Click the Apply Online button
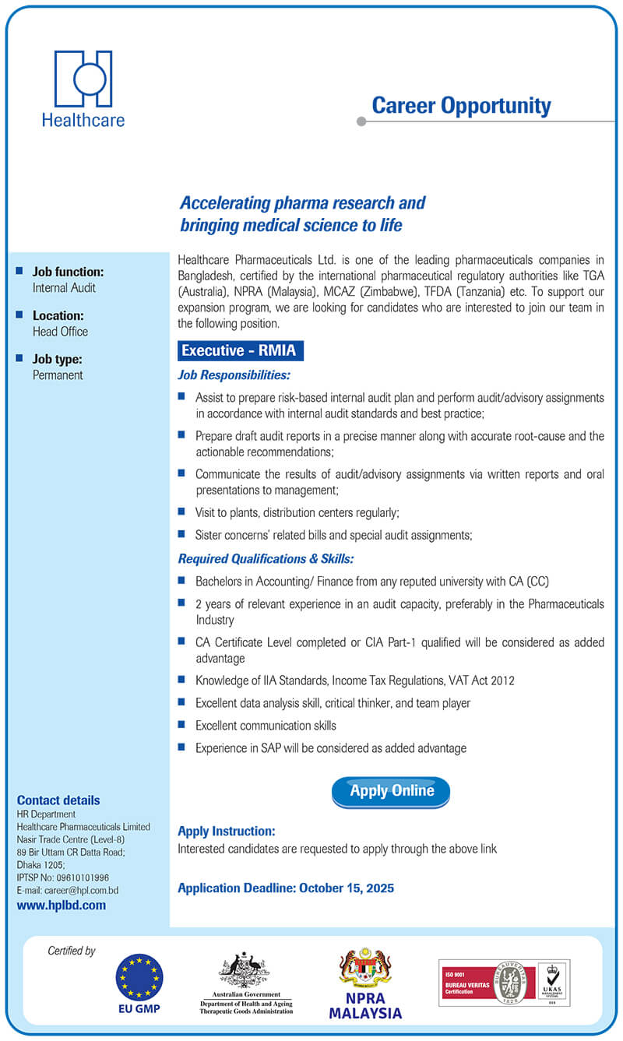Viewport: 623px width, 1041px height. tap(391, 791)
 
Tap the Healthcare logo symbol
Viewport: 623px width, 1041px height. tap(83, 79)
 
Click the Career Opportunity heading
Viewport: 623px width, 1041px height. tap(461, 106)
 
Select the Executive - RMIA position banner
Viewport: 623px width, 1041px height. tap(239, 351)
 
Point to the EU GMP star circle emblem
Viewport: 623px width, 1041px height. tap(139, 977)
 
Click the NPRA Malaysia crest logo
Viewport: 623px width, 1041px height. tap(365, 969)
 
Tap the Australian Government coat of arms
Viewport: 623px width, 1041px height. tap(244, 970)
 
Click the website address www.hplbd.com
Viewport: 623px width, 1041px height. tap(62, 906)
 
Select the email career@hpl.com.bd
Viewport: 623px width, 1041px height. tap(81, 890)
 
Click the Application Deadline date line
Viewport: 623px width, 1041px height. tap(286, 888)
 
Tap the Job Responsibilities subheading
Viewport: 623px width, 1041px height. tap(234, 375)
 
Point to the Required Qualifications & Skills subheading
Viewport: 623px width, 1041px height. tap(266, 559)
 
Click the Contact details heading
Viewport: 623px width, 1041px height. tap(58, 800)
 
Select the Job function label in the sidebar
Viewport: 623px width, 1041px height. tap(68, 273)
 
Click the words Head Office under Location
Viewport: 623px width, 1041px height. tap(60, 332)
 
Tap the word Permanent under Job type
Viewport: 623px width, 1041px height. tap(58, 375)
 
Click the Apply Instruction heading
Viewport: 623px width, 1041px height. tap(227, 832)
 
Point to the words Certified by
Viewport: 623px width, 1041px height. tap(72, 951)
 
